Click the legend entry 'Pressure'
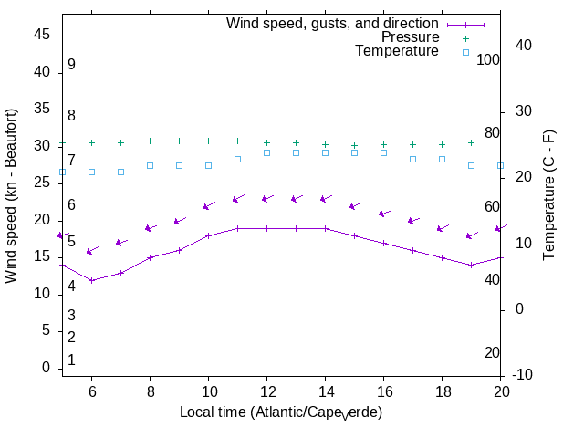tap(410, 37)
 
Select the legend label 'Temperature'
tap(397, 51)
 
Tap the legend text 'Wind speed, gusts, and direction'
tap(333, 24)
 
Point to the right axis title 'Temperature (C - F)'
tap(549, 194)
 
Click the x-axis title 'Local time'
tap(280, 412)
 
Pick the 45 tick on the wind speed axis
tap(42, 35)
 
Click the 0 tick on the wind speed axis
tap(47, 368)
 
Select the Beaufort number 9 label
tap(71, 65)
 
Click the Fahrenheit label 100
tap(488, 59)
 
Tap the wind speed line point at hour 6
tap(91, 280)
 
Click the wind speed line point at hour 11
tap(237, 228)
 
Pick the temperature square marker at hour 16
tap(383, 152)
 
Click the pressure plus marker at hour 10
tap(208, 141)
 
